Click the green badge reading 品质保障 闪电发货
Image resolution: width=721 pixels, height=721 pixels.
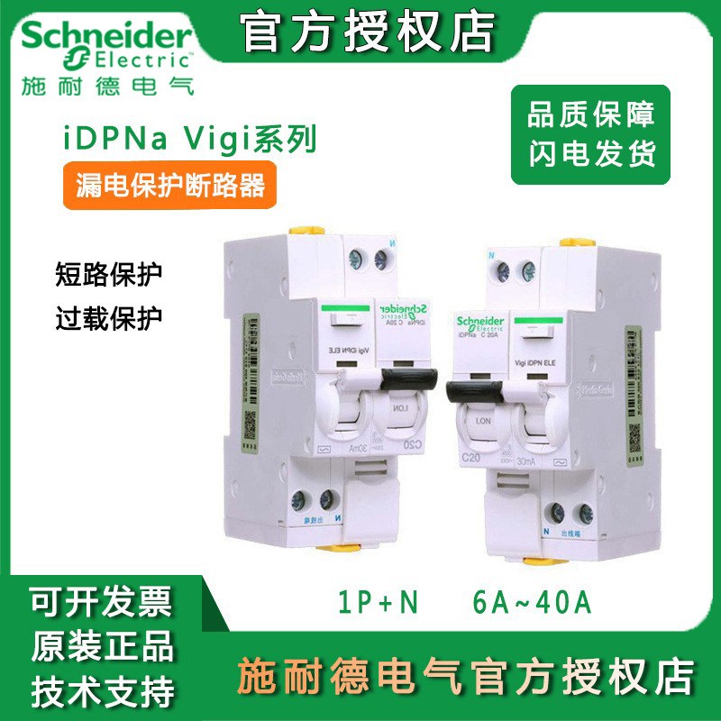tap(590, 134)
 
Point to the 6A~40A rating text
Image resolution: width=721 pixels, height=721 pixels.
tap(533, 601)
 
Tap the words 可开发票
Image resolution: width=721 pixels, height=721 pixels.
tap(101, 600)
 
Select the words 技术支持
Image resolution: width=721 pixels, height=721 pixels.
tap(101, 691)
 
